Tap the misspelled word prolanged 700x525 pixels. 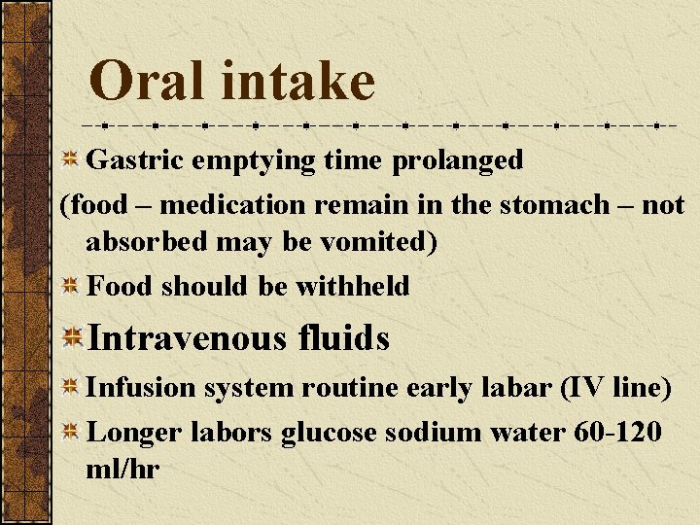coord(458,160)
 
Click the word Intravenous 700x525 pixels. coord(185,338)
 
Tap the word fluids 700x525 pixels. coord(344,338)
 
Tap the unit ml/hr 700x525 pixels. coord(122,469)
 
